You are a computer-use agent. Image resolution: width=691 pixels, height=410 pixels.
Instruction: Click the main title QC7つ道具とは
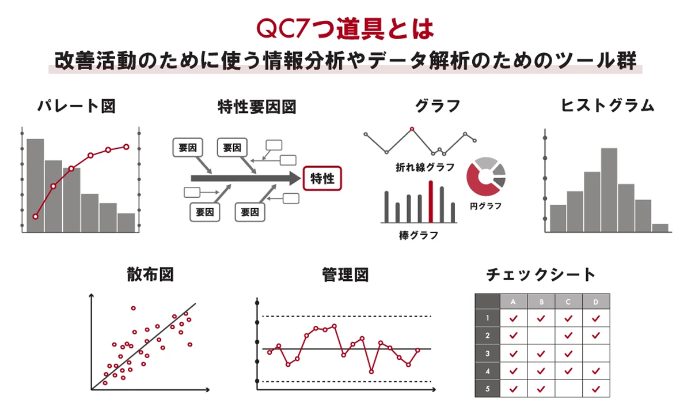[345, 29]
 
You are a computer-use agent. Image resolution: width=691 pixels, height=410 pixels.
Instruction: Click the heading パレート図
[77, 107]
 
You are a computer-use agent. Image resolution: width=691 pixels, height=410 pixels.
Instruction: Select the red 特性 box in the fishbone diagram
[322, 178]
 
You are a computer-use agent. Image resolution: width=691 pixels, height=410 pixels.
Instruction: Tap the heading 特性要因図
[257, 107]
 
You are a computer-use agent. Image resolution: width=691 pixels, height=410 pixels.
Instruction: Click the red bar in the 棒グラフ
[430, 201]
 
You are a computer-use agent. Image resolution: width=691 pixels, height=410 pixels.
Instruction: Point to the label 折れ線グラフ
[426, 167]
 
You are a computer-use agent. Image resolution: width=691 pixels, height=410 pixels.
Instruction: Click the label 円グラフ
[485, 206]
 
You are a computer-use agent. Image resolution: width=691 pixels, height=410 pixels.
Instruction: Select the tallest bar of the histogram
[609, 190]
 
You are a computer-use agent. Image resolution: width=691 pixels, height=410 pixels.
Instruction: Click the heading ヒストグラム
[608, 106]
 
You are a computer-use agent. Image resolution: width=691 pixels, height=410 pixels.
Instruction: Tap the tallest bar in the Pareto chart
[35, 185]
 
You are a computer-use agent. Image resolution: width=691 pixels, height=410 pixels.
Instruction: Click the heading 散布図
[150, 275]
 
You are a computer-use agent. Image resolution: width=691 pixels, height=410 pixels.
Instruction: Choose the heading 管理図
[345, 275]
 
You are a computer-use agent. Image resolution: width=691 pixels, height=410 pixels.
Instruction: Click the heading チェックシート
[541, 275]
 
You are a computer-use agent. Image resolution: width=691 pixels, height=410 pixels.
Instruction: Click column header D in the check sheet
[596, 302]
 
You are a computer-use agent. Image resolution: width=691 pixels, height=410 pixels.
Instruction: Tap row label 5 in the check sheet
[488, 389]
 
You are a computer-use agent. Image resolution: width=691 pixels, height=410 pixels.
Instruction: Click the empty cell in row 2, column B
[541, 335]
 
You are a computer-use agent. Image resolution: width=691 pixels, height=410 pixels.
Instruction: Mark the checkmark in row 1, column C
[568, 318]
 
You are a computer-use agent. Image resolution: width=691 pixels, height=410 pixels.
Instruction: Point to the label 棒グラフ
[418, 235]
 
